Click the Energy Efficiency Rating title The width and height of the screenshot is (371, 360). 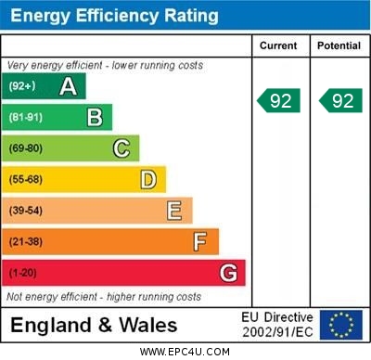(114, 16)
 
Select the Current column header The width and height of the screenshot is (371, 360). (278, 45)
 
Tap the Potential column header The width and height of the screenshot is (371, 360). (339, 45)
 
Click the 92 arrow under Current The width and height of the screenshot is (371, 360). (278, 100)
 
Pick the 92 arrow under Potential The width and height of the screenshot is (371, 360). (339, 100)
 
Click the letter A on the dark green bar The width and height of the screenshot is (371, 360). (68, 86)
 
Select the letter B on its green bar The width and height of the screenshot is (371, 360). (95, 117)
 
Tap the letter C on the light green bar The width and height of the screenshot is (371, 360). (122, 148)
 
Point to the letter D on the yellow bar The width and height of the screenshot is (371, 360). (148, 179)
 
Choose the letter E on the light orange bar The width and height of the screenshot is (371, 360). (174, 211)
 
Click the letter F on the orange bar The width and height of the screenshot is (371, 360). (200, 241)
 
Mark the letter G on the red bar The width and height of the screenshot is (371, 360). (228, 273)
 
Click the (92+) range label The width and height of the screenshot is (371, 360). (22, 86)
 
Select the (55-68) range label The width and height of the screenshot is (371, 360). (26, 179)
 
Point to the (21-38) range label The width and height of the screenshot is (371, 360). (26, 241)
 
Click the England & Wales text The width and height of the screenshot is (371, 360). (94, 325)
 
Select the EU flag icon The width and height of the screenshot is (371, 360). (341, 325)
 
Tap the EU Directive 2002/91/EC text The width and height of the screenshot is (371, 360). (277, 325)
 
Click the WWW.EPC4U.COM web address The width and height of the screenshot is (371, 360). (185, 352)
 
